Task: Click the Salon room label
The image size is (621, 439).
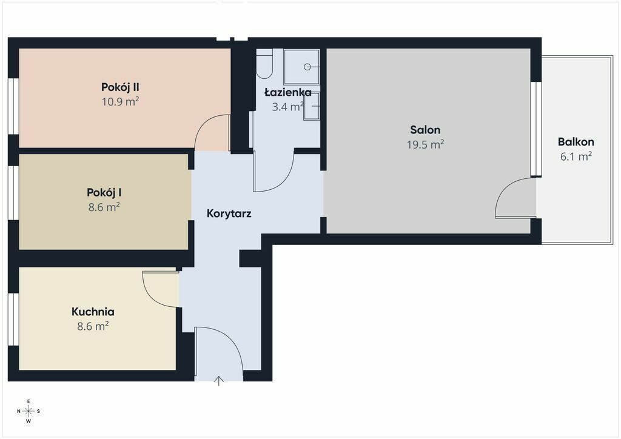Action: point(425,130)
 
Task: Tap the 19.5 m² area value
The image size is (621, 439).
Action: point(425,144)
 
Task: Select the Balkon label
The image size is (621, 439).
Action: point(576,142)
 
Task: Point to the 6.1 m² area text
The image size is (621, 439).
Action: point(576,156)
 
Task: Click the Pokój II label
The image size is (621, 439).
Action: point(120,87)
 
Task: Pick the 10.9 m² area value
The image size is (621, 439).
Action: point(120,101)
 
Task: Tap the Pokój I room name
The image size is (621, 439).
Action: point(104,193)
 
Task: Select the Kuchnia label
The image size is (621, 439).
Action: point(93,312)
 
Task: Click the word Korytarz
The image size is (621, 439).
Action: point(229,214)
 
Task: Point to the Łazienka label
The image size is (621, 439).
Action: point(288,92)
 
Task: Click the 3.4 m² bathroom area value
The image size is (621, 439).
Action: point(288,107)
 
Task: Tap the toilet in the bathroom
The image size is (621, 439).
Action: point(264,63)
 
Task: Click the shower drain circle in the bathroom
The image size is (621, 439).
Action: point(307,67)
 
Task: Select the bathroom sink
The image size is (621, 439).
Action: point(312,106)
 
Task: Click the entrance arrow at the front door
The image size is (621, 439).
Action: point(218,381)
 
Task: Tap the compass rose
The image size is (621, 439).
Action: point(29,411)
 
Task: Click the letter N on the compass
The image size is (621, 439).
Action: point(19,411)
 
